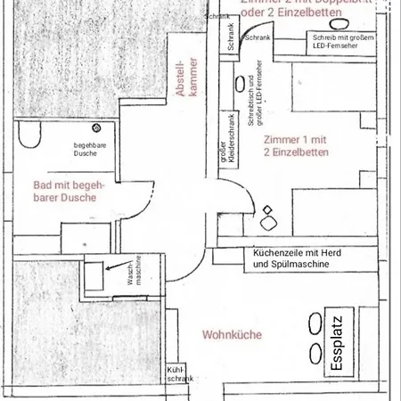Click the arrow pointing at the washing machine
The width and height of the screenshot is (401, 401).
tap(113, 265)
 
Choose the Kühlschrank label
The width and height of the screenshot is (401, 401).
tap(174, 374)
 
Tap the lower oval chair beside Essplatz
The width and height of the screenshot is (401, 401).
tap(314, 352)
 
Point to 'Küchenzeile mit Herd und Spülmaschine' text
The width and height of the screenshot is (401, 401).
tap(303, 259)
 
